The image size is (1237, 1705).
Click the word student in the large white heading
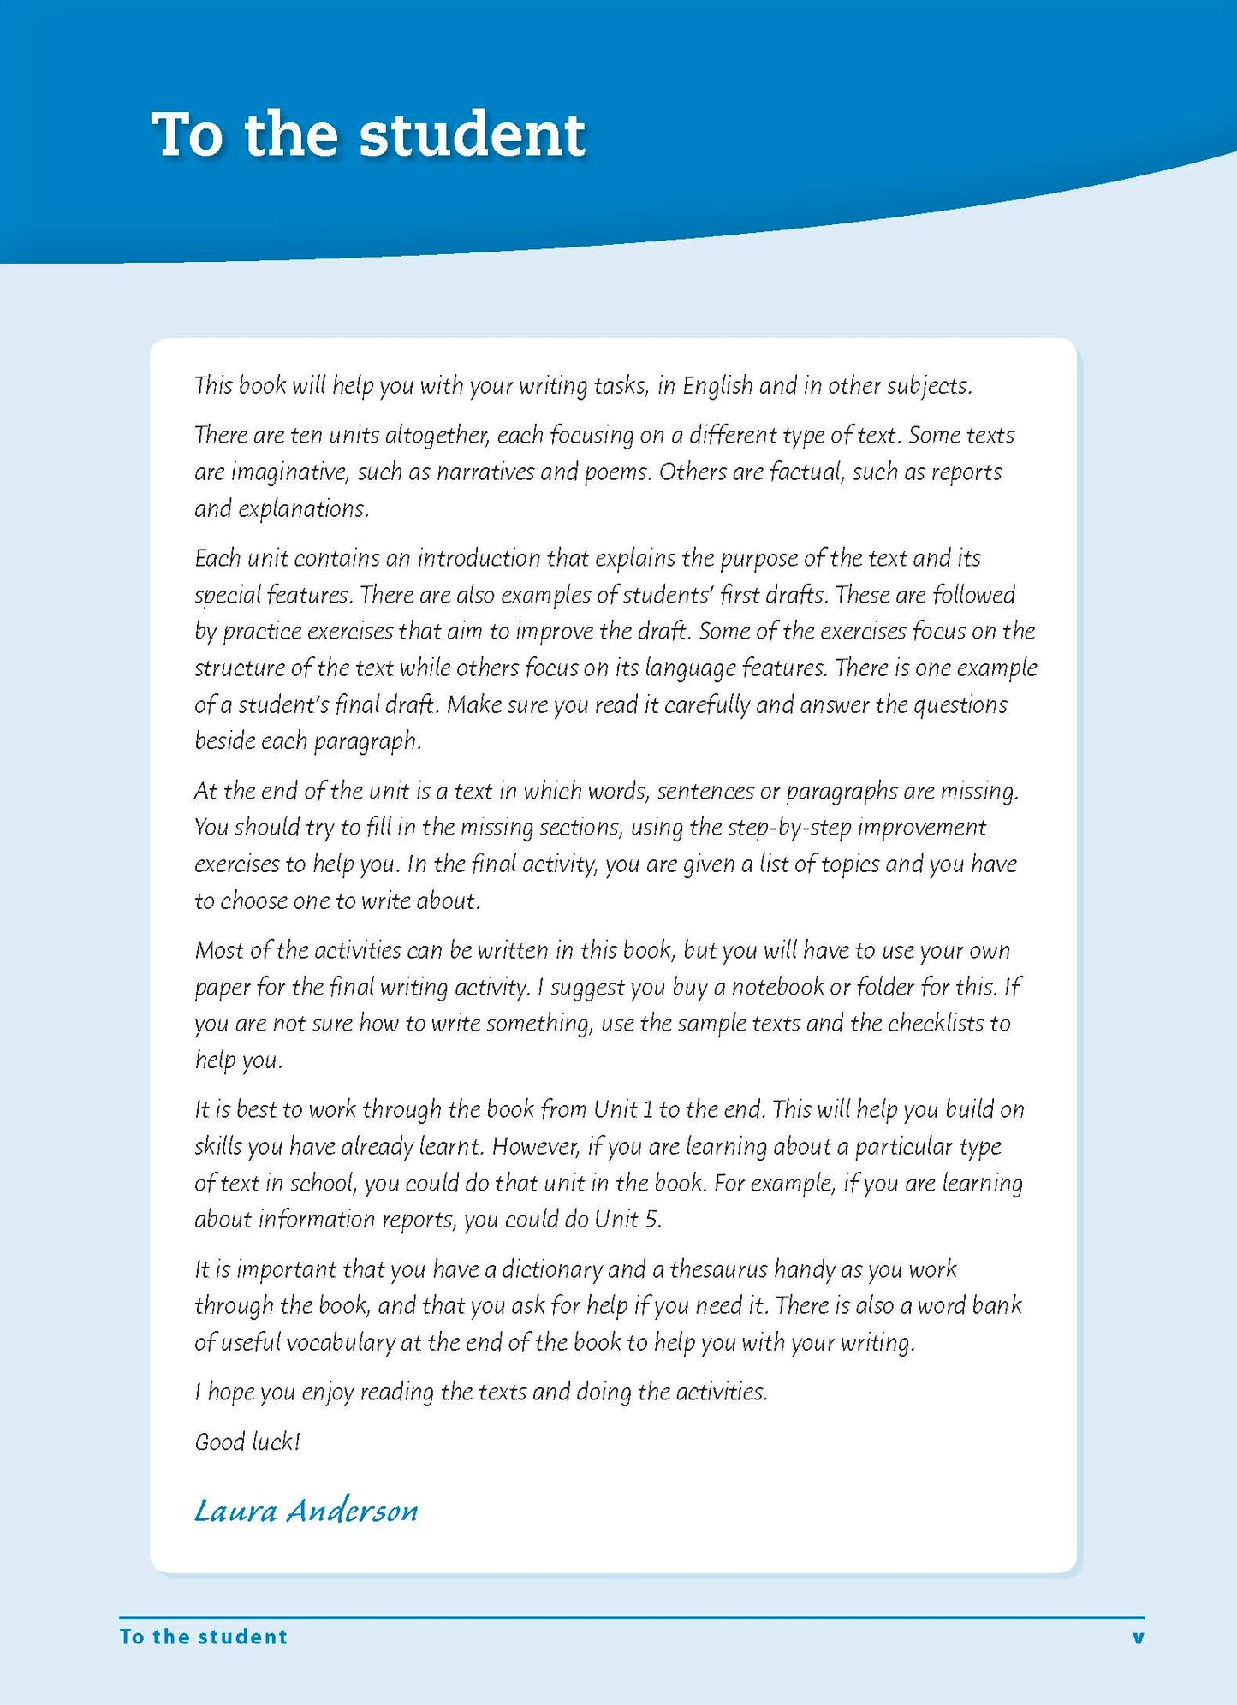coord(472,135)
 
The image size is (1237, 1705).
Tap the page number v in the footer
coord(1138,1637)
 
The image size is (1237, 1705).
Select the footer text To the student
coord(204,1637)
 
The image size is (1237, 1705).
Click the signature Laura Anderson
coord(306,1511)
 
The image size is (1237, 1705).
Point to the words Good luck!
coord(247,1441)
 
